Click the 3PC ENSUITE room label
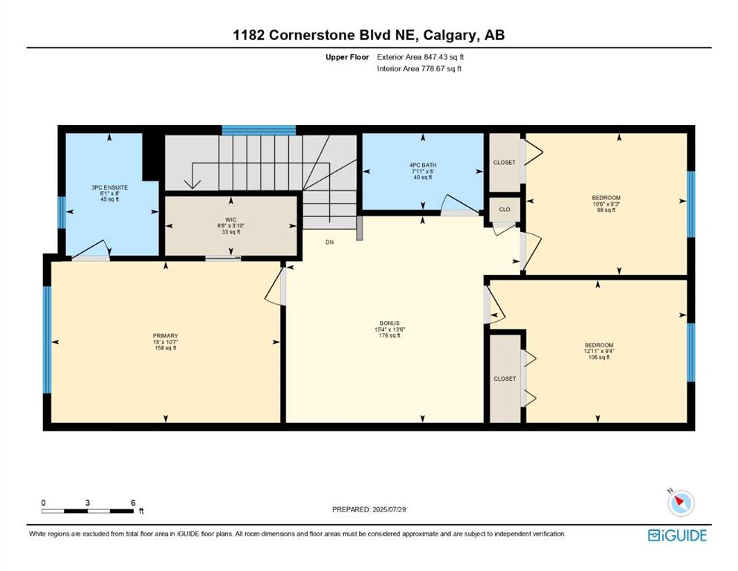[x=110, y=187]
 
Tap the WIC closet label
[x=230, y=220]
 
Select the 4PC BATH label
[x=423, y=165]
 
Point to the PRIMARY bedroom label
[x=166, y=335]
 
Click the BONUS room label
[x=389, y=323]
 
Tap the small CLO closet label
[x=505, y=210]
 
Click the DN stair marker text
[x=329, y=242]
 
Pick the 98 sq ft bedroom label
[x=606, y=198]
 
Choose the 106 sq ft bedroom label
[x=599, y=345]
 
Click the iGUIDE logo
[x=677, y=536]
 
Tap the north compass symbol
[x=681, y=503]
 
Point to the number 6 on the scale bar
[x=134, y=503]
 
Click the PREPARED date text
[x=369, y=509]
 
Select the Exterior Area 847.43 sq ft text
[x=421, y=57]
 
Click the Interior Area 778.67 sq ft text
[x=419, y=68]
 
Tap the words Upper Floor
[x=347, y=57]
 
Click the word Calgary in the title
[x=449, y=35]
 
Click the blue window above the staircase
[x=259, y=130]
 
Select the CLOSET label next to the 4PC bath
[x=505, y=162]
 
